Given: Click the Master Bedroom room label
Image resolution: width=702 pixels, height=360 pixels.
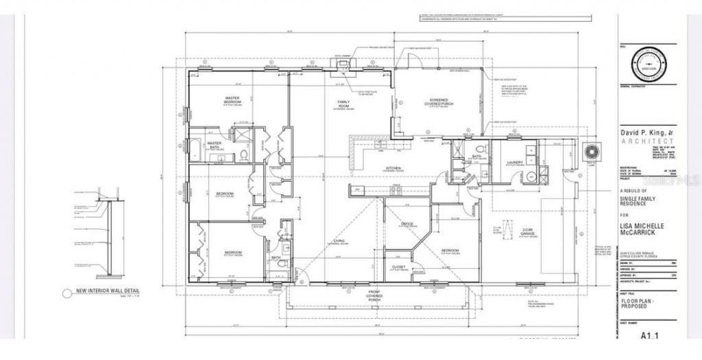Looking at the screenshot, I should pos(232,100).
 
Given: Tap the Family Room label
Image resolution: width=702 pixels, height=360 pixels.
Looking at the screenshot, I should pos(343,104).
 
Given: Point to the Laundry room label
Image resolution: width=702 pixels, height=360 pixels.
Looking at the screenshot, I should pos(515,163).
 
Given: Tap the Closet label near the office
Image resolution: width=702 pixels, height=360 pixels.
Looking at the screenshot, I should pos(399,267).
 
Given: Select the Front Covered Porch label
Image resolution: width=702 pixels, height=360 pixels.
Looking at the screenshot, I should pos(374,296).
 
